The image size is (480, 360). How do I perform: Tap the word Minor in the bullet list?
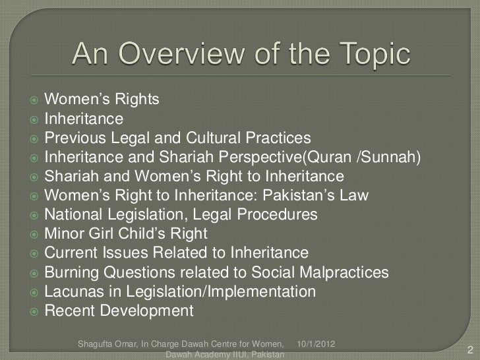point(63,235)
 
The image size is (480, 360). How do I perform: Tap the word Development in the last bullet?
point(146,311)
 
